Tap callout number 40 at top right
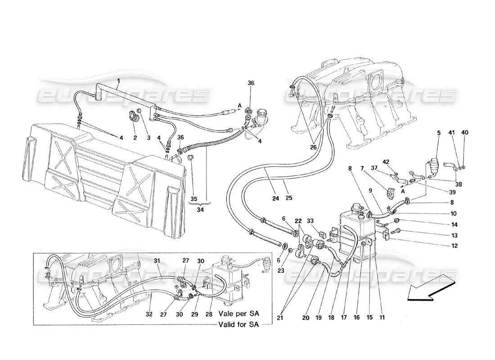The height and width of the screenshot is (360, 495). coord(465,133)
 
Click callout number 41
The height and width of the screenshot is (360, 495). coord(452,133)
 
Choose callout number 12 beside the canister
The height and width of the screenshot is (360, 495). coord(454,246)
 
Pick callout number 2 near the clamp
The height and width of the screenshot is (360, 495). coord(135,138)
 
